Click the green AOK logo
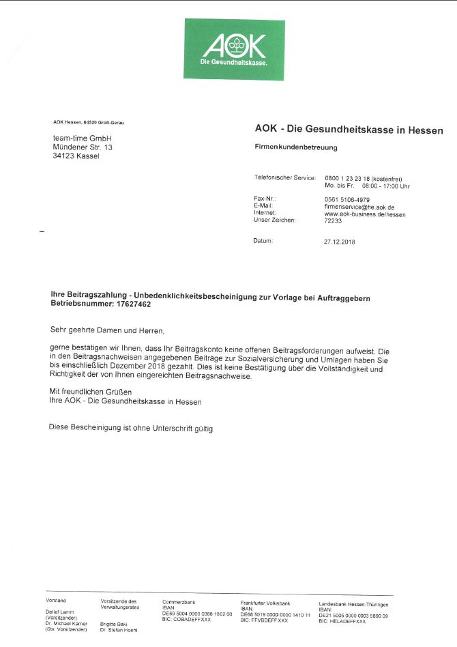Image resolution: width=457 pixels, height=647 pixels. coord(234,49)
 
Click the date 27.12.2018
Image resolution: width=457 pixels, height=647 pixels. coord(339,242)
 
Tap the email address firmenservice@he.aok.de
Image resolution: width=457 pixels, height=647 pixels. coord(359,206)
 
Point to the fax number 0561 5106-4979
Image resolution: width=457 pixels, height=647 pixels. coord(348,199)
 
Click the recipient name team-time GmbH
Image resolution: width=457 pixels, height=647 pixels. coord(77,139)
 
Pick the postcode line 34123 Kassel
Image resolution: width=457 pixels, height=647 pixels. coord(76,156)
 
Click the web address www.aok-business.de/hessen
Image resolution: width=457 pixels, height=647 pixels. coord(365,214)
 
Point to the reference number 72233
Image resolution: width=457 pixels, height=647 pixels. coord(333,220)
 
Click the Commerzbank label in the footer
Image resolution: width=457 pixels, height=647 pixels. coord(179,602)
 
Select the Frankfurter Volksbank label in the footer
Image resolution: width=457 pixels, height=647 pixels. coord(265,604)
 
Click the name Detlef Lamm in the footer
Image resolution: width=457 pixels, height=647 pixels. coord(59,612)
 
